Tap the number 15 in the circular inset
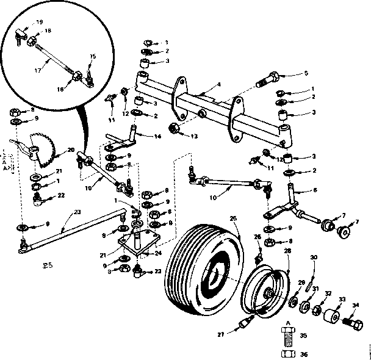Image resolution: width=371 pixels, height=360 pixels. pos(92,56)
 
